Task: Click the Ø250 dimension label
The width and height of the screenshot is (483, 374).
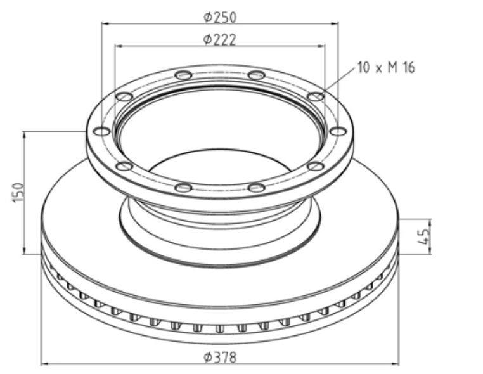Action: point(220,17)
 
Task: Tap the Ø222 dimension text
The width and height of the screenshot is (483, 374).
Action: point(220,40)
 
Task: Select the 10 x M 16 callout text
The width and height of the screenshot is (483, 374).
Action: point(386,67)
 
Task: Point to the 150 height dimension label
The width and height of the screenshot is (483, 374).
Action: point(18,193)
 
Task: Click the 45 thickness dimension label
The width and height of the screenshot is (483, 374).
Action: point(425,236)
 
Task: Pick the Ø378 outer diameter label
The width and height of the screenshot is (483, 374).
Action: point(220,358)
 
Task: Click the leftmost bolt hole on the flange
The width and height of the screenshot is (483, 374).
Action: point(102,132)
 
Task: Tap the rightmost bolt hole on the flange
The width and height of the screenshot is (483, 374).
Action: point(338,132)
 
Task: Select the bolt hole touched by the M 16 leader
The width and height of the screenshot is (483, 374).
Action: point(316,96)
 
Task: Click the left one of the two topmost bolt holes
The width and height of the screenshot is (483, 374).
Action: point(183,75)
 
